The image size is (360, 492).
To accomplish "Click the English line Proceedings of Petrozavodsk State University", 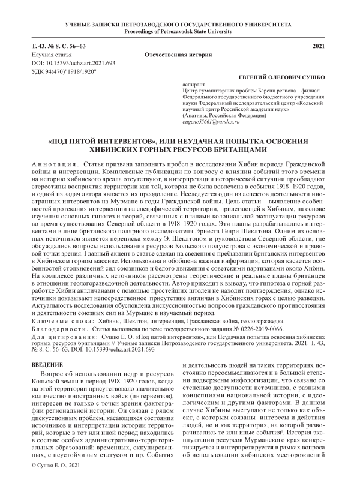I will [179, 31].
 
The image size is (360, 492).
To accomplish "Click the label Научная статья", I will [50, 54].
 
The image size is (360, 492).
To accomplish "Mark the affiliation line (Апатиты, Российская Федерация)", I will [226, 115].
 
